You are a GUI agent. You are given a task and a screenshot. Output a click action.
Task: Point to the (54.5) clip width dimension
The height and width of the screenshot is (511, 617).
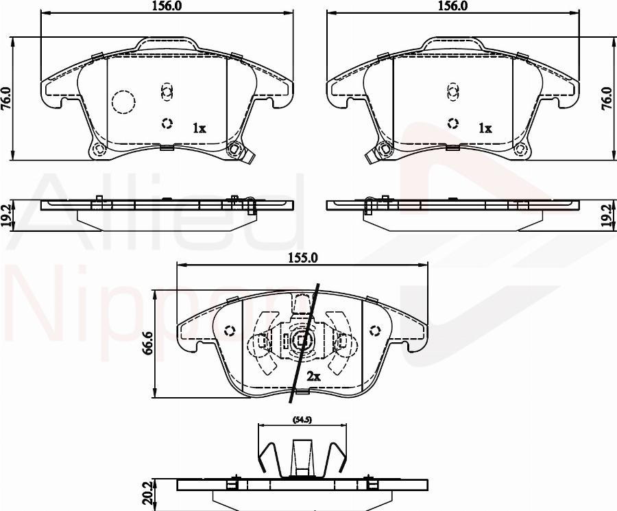coord(302,420)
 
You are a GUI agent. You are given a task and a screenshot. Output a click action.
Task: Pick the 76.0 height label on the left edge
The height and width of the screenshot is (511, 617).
coord(7,98)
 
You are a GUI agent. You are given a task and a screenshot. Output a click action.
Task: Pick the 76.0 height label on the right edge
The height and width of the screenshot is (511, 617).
coord(610,98)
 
